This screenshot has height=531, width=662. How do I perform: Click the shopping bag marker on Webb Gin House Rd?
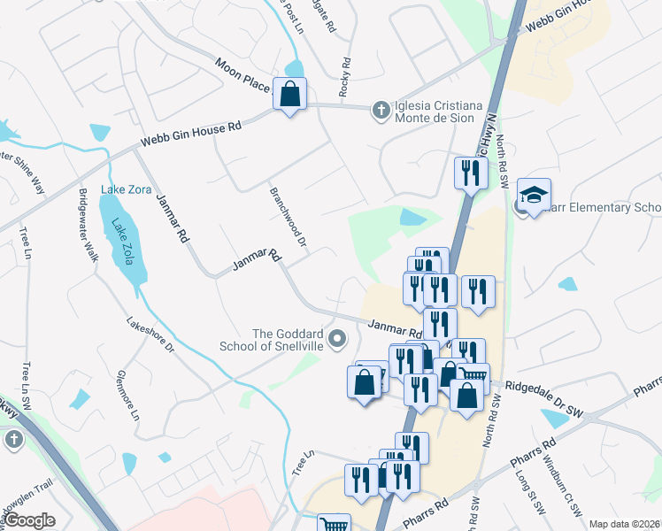point(290,93)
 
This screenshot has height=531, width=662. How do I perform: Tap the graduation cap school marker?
point(535,194)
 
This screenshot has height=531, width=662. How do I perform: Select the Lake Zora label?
point(127,189)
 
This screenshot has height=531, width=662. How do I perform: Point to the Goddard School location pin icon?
point(337,339)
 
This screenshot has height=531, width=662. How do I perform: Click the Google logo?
point(29,520)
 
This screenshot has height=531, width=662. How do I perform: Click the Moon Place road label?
point(242,75)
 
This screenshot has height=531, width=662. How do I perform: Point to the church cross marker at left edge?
point(13,440)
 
